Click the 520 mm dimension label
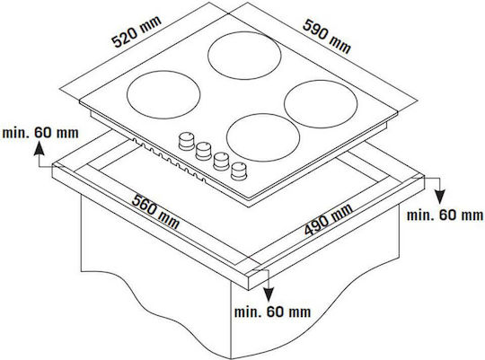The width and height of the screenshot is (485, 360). click(x=137, y=31)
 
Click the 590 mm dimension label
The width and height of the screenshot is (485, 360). click(x=327, y=36)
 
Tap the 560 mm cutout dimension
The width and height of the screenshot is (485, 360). click(x=155, y=212)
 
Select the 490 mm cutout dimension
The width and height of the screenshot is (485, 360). click(x=328, y=219)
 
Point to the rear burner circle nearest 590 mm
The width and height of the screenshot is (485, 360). click(x=244, y=56)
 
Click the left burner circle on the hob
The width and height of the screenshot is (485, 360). click(x=163, y=94)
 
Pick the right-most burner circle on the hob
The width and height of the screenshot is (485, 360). click(x=321, y=104)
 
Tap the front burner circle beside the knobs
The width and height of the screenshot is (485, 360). click(x=263, y=137)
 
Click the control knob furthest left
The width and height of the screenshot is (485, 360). click(x=187, y=141)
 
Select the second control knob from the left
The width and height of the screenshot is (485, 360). click(x=204, y=151)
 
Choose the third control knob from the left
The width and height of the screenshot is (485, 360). click(x=222, y=161)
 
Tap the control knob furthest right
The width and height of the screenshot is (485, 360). click(x=239, y=171)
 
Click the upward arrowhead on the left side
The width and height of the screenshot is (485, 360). click(x=39, y=148)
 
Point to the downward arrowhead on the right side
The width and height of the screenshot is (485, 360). click(x=439, y=197)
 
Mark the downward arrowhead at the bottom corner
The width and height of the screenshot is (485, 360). click(x=269, y=294)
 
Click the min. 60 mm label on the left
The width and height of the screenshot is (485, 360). click(x=40, y=133)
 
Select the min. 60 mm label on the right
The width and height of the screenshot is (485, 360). click(x=445, y=215)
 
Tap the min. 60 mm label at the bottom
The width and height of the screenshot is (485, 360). click(x=272, y=312)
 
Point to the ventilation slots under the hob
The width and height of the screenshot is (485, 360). click(x=169, y=160)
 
